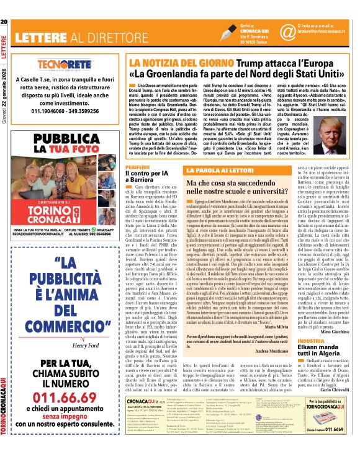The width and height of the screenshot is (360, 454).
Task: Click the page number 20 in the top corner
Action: (x=4, y=5)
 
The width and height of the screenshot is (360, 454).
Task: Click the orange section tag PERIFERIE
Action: (x=137, y=167)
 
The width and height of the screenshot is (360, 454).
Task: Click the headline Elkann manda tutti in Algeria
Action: (x=320, y=354)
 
